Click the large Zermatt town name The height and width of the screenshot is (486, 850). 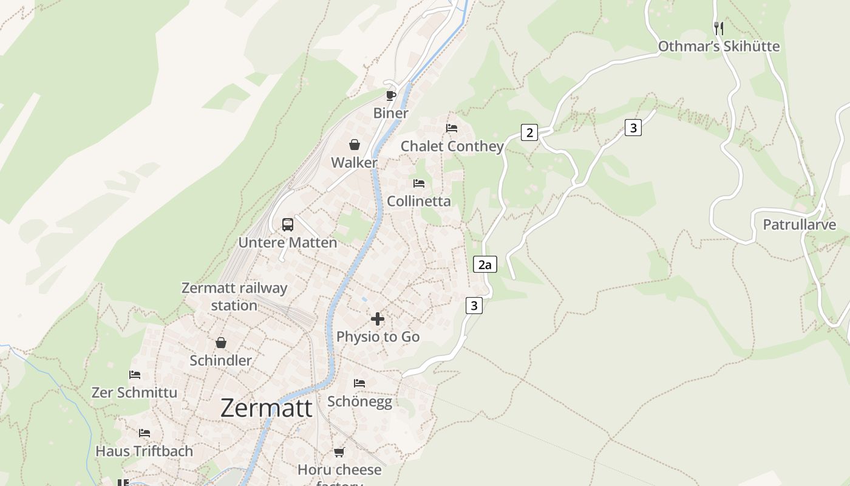pos(267,408)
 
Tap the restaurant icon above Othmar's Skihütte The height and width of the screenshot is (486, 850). pos(719,28)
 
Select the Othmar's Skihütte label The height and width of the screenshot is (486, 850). pos(719,46)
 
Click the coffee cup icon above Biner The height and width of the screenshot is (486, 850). pos(391,95)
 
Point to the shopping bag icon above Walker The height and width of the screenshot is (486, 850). pos(355,145)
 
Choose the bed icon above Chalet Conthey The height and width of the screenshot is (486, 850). pos(452,128)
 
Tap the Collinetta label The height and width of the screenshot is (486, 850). pos(419,201)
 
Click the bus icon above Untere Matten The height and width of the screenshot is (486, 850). pos(288,225)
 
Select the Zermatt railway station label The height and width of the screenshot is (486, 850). pos(234,296)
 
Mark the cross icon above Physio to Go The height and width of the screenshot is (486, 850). pos(378,319)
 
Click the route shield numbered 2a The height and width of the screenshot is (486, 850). pos(484,264)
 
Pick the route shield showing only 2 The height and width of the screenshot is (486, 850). pos(529,132)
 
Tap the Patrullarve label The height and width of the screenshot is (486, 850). pos(800,225)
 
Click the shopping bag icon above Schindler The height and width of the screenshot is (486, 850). pos(221,343)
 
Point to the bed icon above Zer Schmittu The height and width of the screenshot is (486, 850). pos(135,375)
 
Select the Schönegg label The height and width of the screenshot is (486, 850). pos(359,402)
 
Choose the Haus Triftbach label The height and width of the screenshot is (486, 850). pos(144,451)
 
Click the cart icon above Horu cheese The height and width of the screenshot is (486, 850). pos(339,453)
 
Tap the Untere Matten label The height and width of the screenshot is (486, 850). pos(287,242)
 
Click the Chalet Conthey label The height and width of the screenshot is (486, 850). pos(452,146)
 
